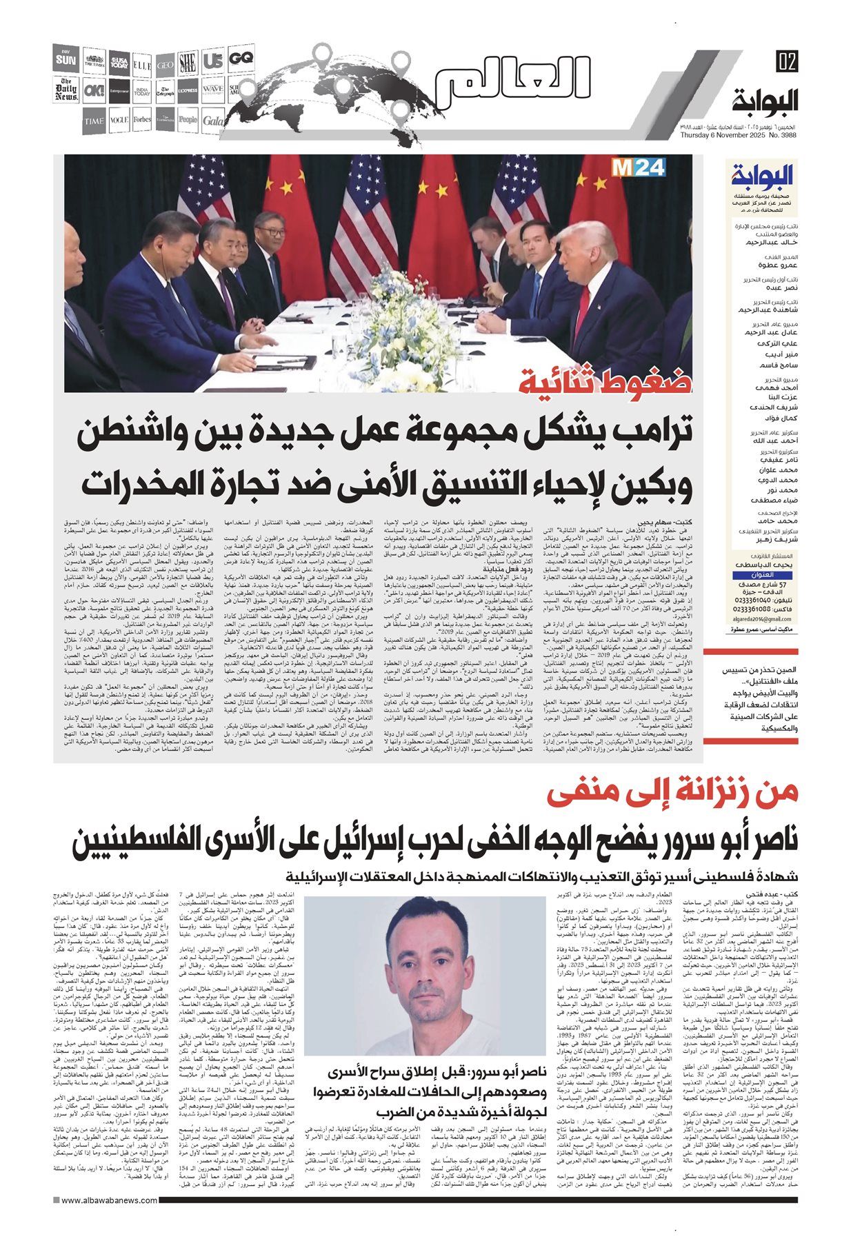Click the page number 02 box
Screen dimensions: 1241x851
tap(785, 61)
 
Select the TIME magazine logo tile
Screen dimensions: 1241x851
tap(93, 121)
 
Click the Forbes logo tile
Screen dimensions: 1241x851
tap(143, 120)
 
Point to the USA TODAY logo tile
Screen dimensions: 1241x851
tap(119, 63)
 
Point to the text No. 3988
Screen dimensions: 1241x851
tap(782, 134)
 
